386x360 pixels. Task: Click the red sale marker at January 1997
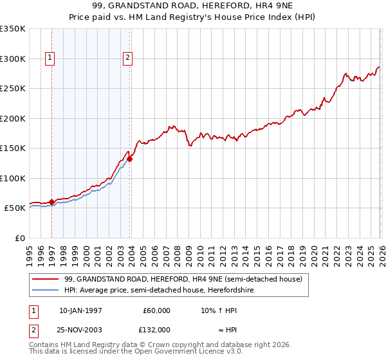pos(51,202)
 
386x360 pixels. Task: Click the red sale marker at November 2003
pos(129,159)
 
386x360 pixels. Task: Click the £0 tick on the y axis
pos(21,238)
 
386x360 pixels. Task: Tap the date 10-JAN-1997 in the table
pos(80,310)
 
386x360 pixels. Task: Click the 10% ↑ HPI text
pos(219,310)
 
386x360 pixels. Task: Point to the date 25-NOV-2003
pos(80,329)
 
